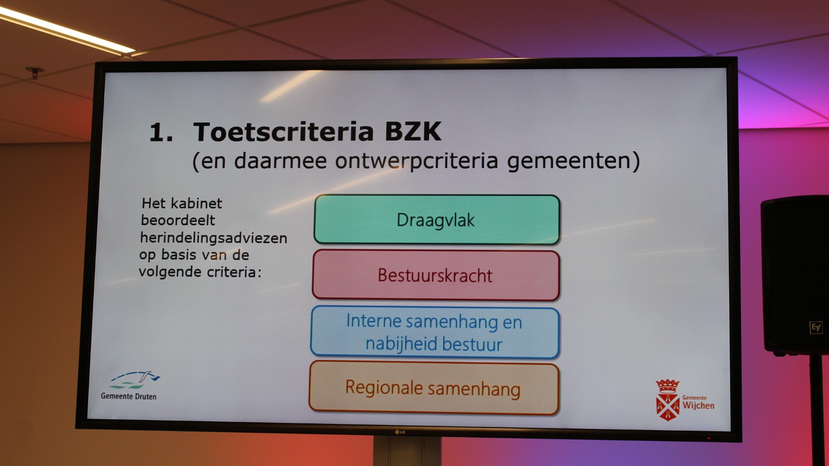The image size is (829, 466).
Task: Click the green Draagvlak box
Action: click(x=437, y=220)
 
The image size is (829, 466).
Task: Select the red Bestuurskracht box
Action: click(x=436, y=275)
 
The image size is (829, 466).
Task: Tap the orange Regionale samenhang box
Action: click(x=433, y=388)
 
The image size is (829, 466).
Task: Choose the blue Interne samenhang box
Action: click(x=434, y=332)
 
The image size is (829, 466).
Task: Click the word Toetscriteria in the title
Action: click(x=283, y=132)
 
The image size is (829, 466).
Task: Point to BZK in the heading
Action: click(x=413, y=132)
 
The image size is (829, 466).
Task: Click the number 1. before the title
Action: click(x=161, y=132)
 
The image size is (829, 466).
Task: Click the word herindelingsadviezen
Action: click(x=214, y=238)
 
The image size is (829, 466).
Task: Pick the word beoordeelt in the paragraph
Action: click(x=178, y=220)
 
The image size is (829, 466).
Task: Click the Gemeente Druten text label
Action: click(x=129, y=396)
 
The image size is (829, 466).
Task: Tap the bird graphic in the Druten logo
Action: click(x=149, y=376)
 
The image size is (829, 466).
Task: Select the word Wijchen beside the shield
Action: click(x=698, y=406)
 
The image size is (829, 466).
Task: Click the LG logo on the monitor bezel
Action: click(x=400, y=432)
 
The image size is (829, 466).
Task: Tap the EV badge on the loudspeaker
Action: click(x=816, y=327)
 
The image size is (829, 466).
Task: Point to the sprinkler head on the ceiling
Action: click(x=35, y=72)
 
